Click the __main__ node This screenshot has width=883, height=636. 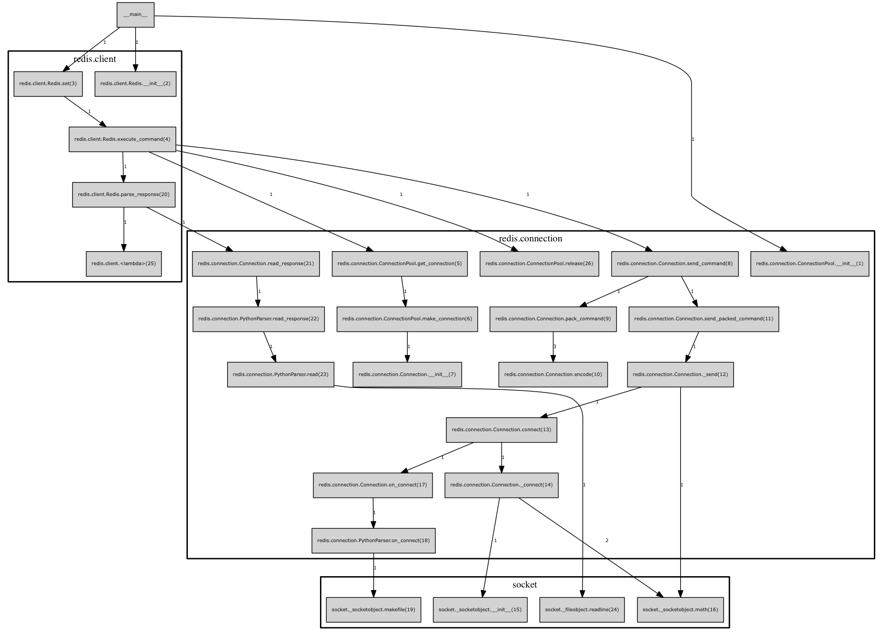tap(135, 15)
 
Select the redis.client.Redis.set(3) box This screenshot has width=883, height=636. tap(48, 84)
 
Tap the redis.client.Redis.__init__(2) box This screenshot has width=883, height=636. tap(135, 84)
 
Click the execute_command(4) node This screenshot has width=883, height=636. tap(122, 139)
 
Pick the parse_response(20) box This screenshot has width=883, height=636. tap(123, 194)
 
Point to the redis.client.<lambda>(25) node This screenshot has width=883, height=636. tap(123, 264)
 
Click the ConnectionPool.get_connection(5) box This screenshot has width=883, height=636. tap(399, 264)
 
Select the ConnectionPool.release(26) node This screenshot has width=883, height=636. tap(539, 264)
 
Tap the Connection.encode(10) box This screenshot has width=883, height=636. tap(553, 374)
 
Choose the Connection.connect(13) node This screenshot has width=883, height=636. tap(501, 430)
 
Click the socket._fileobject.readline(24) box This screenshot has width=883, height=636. tap(582, 610)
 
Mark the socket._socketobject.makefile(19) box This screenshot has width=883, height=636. tap(373, 610)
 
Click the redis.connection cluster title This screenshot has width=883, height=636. tap(531, 238)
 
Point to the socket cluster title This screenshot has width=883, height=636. tap(524, 584)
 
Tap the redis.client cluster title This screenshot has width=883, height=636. tap(94, 59)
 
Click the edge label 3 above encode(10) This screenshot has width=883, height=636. tap(555, 346)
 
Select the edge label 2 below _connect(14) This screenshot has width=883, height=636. tap(607, 541)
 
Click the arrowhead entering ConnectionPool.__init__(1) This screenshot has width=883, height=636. tap(783, 249)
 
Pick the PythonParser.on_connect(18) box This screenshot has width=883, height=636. tap(373, 541)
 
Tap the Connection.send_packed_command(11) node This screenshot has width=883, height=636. tap(703, 319)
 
